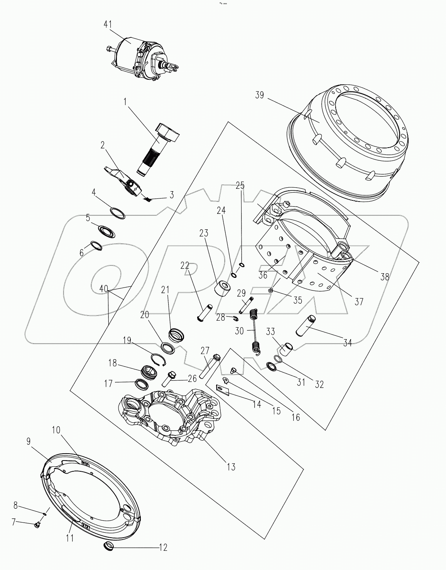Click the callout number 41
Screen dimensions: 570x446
[108, 24]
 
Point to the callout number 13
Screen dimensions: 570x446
[231, 467]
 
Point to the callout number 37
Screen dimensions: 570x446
[359, 301]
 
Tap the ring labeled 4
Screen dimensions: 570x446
[117, 213]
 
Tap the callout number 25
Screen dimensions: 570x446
[240, 185]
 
